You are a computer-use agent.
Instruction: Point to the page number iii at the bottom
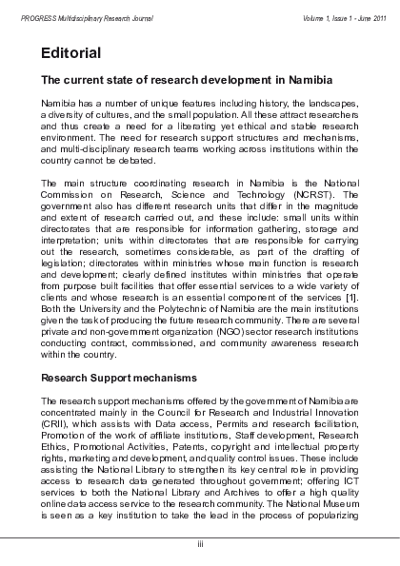(x=200, y=543)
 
